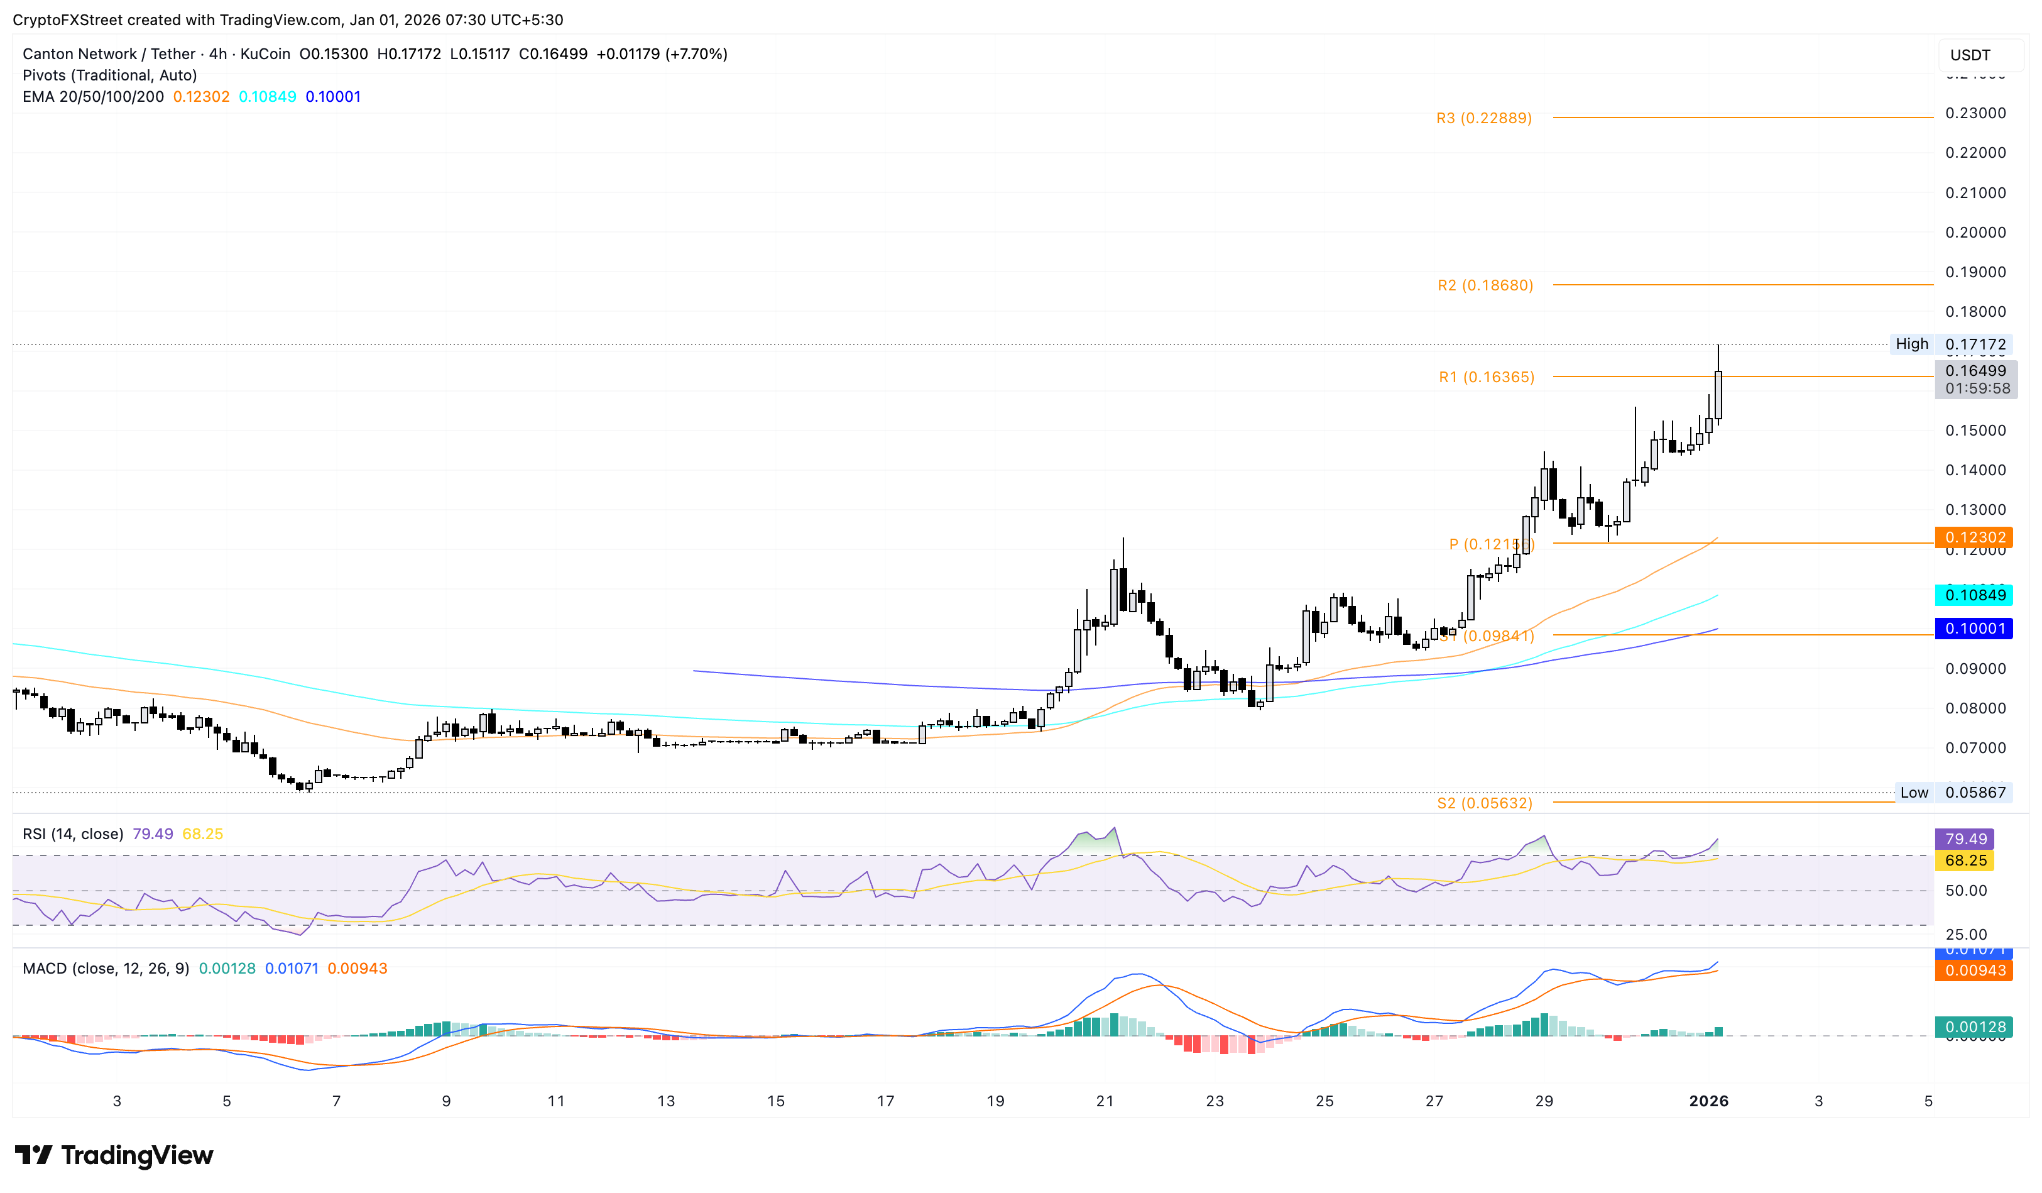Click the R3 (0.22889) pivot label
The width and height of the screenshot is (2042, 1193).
tap(1483, 118)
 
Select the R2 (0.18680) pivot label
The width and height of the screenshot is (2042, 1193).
tap(1485, 285)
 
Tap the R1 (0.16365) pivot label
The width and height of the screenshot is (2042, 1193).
tap(1486, 377)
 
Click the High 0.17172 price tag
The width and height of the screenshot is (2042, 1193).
tap(1950, 344)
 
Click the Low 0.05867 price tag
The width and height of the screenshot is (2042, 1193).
tap(1953, 793)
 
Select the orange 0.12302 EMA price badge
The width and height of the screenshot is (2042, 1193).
tap(1973, 537)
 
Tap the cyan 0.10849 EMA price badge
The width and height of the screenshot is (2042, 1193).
tap(1973, 595)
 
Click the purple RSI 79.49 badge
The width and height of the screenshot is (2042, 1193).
tap(1964, 839)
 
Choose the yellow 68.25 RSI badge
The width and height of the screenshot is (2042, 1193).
tap(1964, 860)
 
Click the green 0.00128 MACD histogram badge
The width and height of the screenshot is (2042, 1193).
tap(1973, 1027)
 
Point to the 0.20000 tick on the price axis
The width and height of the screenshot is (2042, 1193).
tap(1975, 233)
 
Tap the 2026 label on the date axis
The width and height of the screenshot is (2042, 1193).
tap(1708, 1101)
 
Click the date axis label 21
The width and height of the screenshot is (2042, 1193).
tap(1105, 1101)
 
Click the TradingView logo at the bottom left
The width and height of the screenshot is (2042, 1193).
tap(114, 1155)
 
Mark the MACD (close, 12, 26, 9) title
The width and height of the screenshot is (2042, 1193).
tap(106, 969)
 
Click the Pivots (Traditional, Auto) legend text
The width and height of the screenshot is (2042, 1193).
tap(109, 75)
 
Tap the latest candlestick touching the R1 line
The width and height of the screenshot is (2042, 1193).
tap(1718, 395)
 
